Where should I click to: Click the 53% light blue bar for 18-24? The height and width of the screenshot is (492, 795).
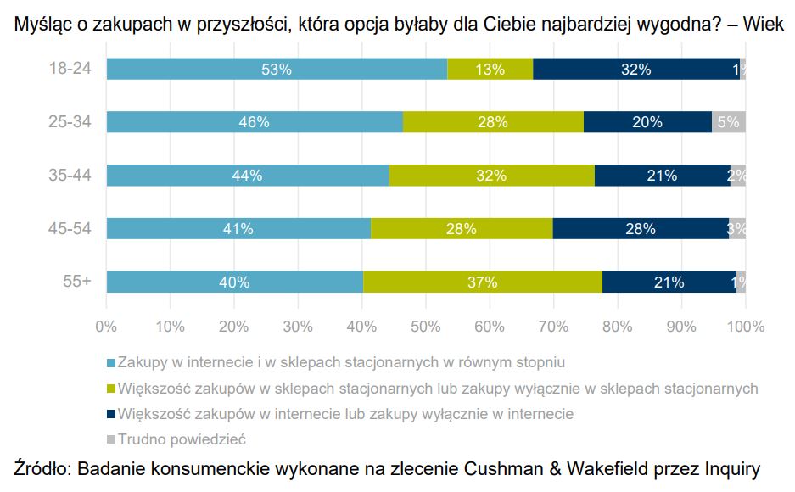tap(277, 70)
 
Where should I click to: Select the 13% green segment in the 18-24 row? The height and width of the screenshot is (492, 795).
tap(490, 70)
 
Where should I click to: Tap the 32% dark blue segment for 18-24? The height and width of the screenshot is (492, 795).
tap(635, 70)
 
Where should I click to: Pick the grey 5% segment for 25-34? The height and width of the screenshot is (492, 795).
tap(728, 122)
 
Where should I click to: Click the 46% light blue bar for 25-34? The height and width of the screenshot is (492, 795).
tap(255, 122)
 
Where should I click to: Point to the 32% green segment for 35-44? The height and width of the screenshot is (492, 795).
tap(491, 176)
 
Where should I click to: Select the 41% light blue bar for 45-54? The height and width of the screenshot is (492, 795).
tap(238, 229)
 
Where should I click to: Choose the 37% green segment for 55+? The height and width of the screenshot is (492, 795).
tap(482, 282)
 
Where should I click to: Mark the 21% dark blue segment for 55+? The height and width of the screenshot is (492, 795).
tap(669, 282)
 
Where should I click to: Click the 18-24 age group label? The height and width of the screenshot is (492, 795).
tap(70, 70)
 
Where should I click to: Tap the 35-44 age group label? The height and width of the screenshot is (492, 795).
tap(70, 176)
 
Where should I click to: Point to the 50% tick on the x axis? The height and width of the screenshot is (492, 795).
tap(426, 327)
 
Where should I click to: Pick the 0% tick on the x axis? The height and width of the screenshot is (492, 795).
tap(106, 327)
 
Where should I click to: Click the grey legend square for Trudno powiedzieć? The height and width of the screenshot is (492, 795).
tap(110, 439)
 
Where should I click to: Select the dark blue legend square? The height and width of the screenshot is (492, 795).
tap(110, 414)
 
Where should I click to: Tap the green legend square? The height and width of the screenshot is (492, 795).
tap(110, 389)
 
